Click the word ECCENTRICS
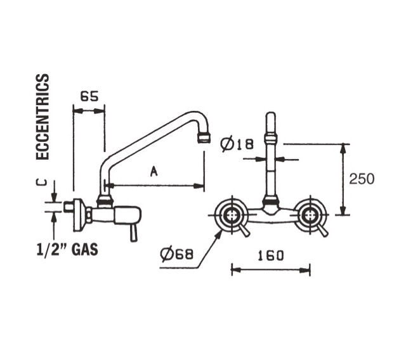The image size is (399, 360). [x=43, y=117]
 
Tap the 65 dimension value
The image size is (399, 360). [x=89, y=96]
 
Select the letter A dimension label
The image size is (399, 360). [x=154, y=171]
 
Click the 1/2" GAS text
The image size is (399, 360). [x=67, y=249]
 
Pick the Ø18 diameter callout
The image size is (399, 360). [x=237, y=145]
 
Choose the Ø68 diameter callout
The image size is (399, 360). [x=177, y=254]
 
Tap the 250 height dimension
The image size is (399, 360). [x=362, y=179]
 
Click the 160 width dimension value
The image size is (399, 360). [x=271, y=255]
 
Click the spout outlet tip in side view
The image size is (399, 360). [x=204, y=138]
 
